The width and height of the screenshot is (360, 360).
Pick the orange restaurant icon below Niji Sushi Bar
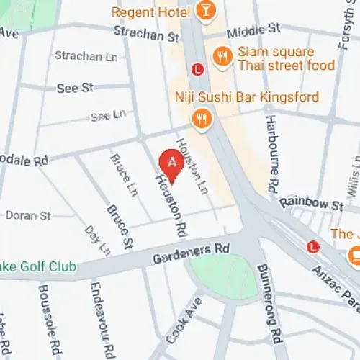[202, 117]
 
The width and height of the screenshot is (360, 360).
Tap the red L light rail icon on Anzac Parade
[312, 246]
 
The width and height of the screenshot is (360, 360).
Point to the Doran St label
[28, 215]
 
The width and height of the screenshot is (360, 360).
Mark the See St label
[76, 87]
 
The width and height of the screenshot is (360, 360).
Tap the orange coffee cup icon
[354, 255]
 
